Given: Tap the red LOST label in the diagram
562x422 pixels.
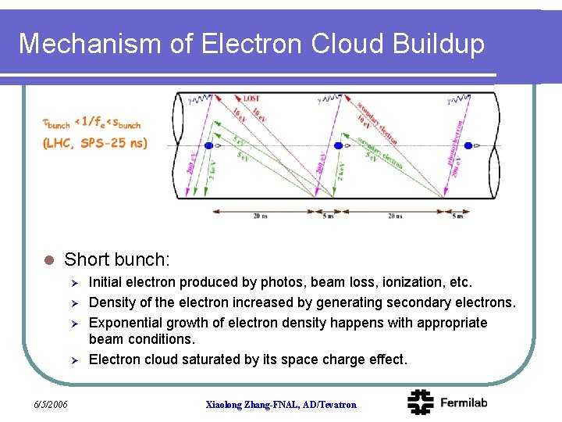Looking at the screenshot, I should [251, 98].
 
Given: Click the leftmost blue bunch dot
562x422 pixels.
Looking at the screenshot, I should [208, 146].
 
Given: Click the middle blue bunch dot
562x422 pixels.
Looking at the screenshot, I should [339, 146].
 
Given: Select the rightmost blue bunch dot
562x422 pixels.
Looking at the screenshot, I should [468, 146].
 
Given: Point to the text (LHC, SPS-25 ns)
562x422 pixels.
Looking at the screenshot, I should [94, 142].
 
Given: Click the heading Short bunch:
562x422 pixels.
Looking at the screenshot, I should [116, 259].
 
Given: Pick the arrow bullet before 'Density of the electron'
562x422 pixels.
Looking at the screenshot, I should [72, 302].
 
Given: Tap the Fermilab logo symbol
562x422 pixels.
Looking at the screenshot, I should [421, 402].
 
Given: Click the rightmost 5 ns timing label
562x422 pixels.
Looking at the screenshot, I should [457, 216].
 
